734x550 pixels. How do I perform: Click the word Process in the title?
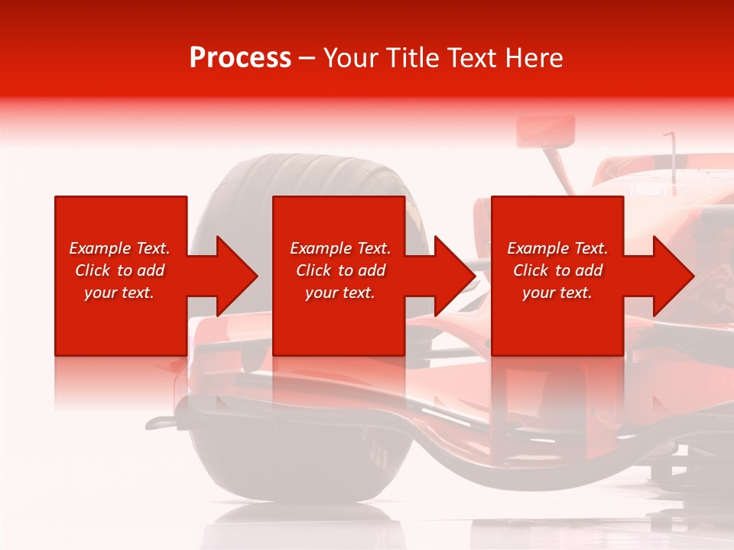[x=240, y=58]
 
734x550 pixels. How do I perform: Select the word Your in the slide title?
[x=352, y=58]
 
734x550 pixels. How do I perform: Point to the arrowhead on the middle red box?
[x=453, y=276]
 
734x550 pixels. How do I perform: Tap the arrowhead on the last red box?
[x=672, y=276]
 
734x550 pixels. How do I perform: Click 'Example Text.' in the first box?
[x=119, y=248]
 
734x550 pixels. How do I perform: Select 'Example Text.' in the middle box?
[x=340, y=248]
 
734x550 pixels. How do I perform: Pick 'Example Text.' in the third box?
[x=557, y=248]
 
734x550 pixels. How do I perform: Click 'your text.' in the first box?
[x=119, y=293]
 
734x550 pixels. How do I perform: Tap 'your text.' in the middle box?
[x=340, y=293]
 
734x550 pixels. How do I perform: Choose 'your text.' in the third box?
[x=557, y=293]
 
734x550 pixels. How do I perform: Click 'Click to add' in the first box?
[x=119, y=270]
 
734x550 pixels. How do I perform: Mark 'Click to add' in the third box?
[x=557, y=270]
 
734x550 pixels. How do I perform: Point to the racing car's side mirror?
[x=546, y=131]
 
